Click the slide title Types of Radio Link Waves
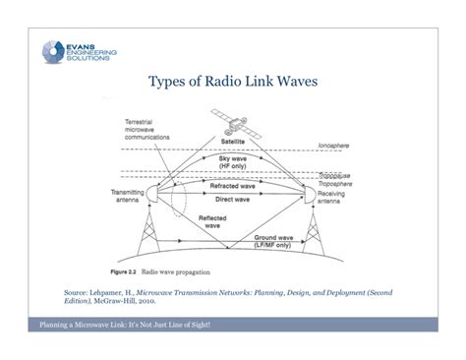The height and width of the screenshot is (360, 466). click(233, 83)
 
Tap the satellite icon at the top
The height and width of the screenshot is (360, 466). click(229, 124)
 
